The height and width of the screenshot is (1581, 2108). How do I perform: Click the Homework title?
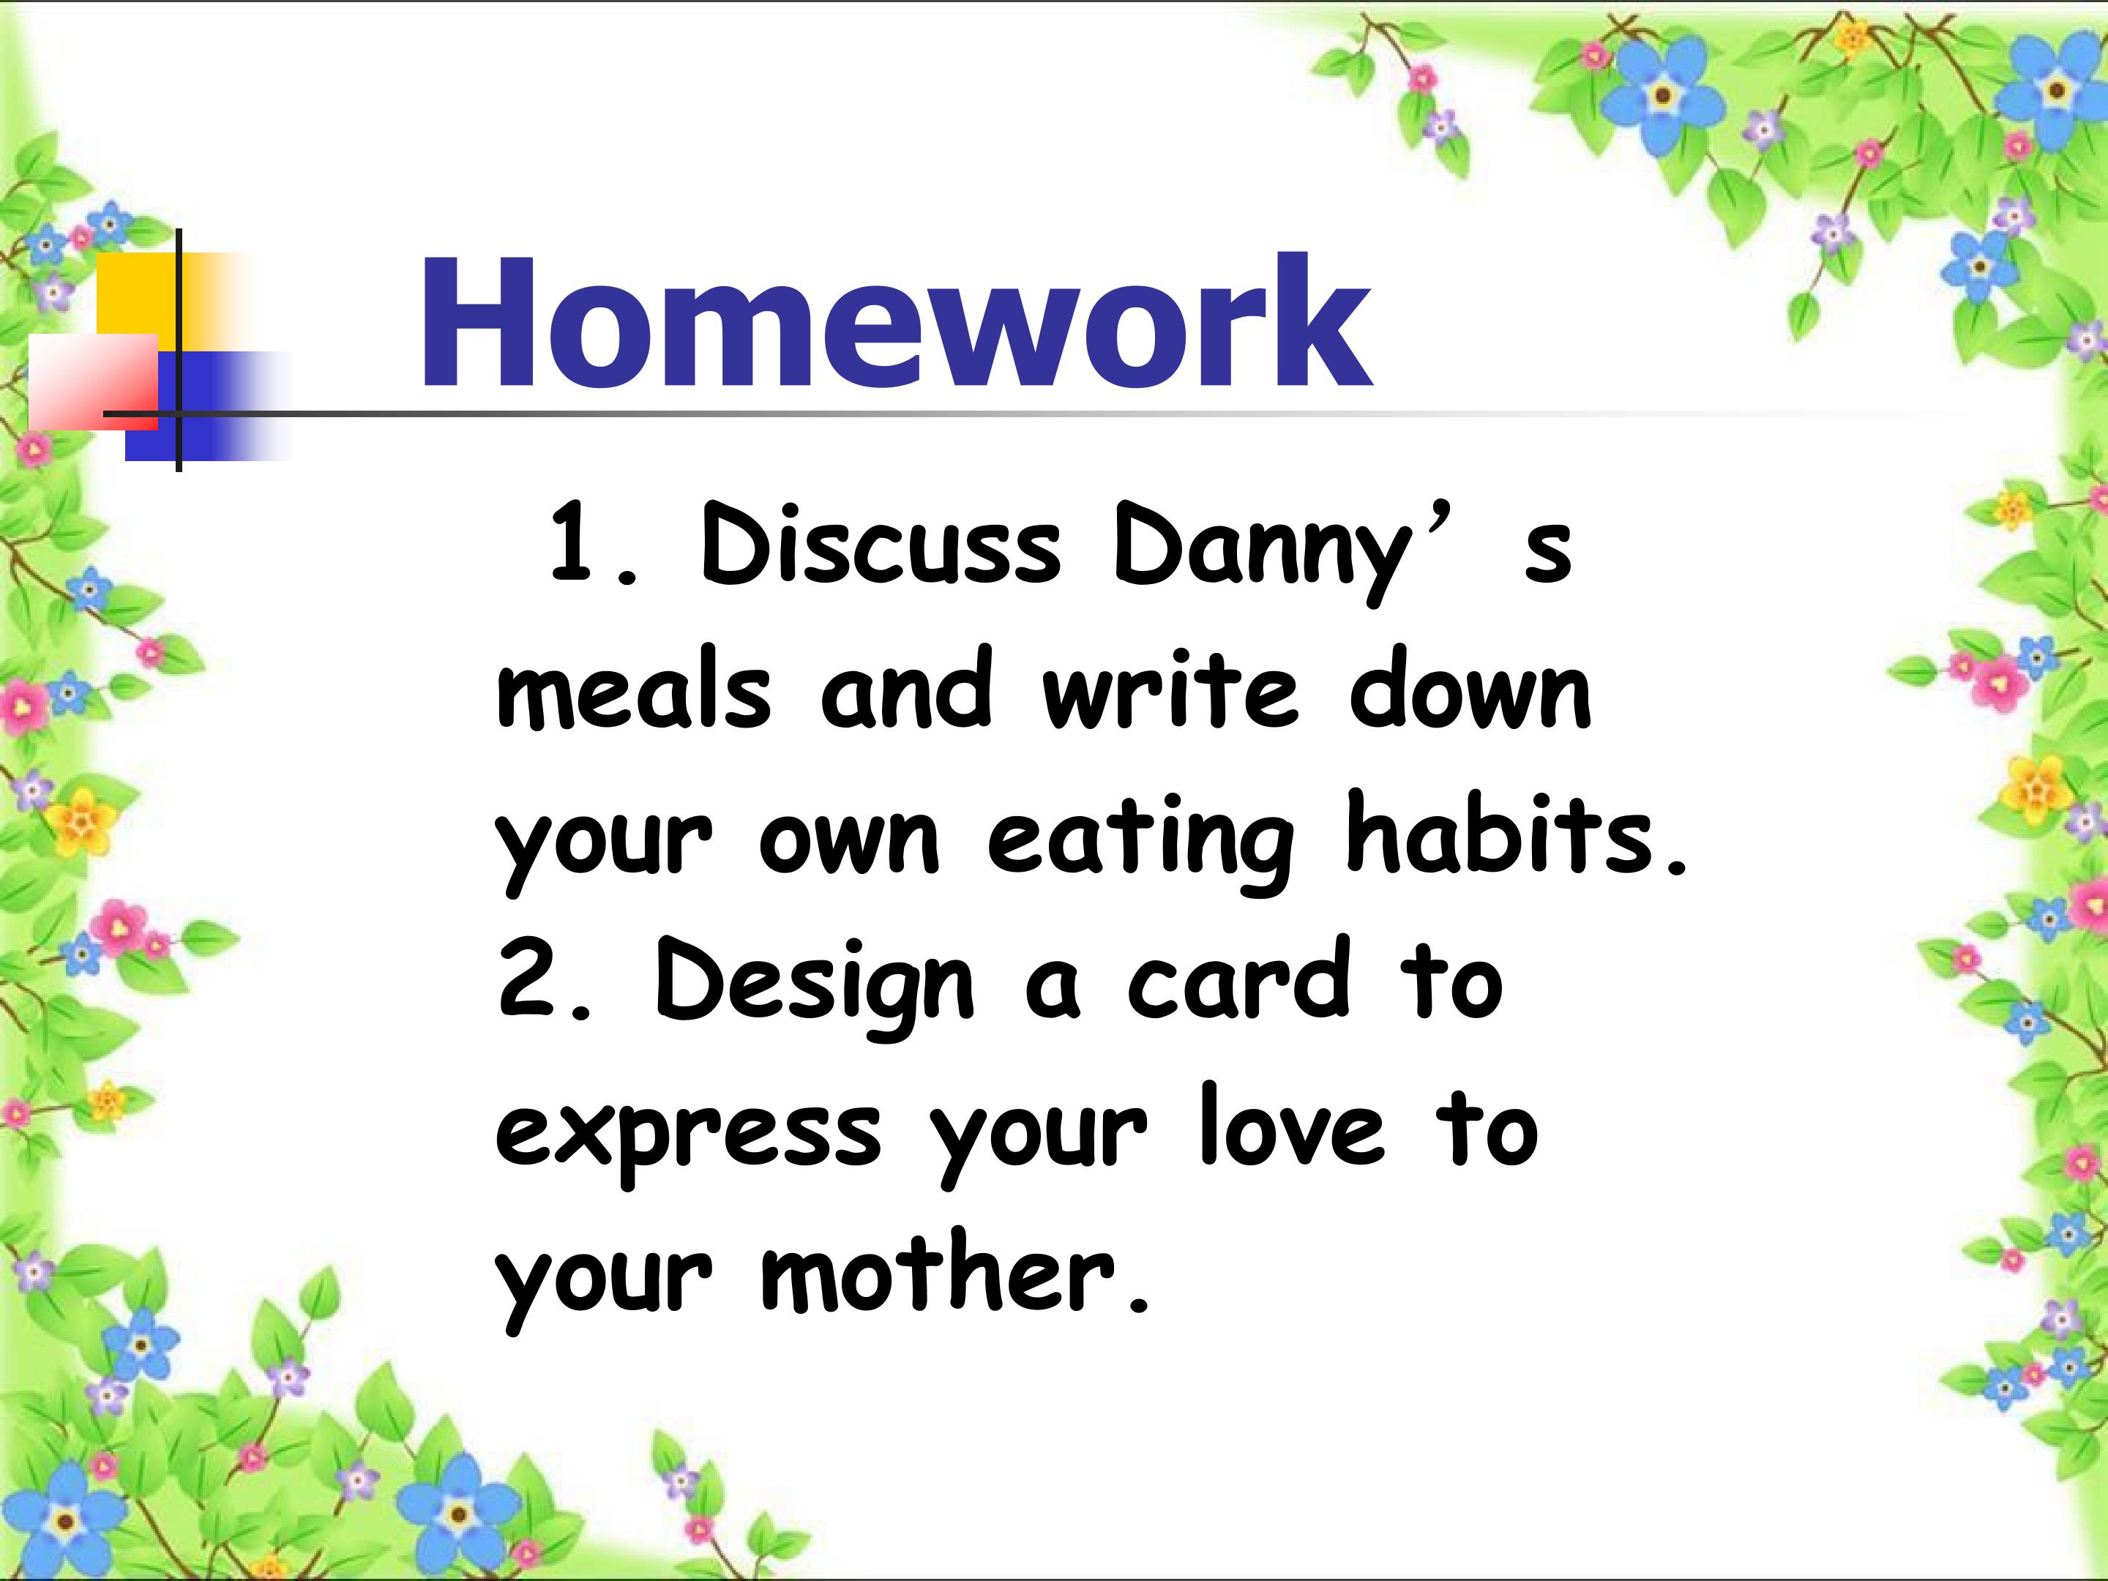[896, 322]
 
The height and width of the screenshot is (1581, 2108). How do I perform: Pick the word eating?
[1140, 842]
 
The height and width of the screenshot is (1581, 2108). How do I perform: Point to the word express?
[688, 1136]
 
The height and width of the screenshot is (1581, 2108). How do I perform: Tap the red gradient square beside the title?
[94, 381]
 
